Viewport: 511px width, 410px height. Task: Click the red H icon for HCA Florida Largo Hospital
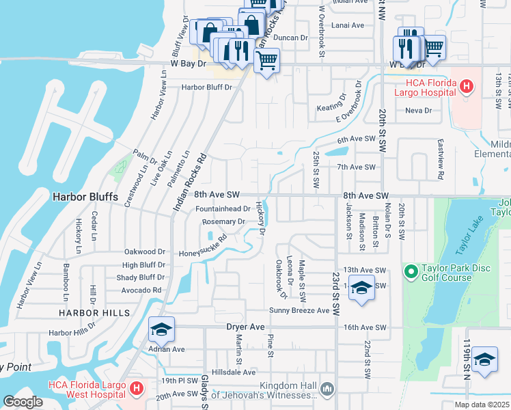pyautogui.click(x=466, y=86)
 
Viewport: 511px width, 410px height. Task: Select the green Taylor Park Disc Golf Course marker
pyautogui.click(x=411, y=272)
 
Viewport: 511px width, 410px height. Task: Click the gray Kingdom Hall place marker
pyautogui.click(x=328, y=388)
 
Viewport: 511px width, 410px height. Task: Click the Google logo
pyautogui.click(x=23, y=401)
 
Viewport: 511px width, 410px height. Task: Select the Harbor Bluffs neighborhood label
pyautogui.click(x=85, y=197)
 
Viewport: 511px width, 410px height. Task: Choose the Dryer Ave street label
pyautogui.click(x=245, y=327)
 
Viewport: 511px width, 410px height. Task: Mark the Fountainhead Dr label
pyautogui.click(x=223, y=209)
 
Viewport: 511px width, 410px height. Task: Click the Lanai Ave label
pyautogui.click(x=348, y=25)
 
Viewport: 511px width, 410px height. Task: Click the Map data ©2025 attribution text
pyautogui.click(x=482, y=405)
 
